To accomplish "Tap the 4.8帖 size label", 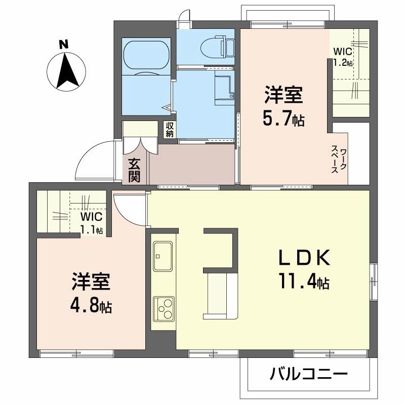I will click(x=91, y=306).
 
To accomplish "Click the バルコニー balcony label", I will click(x=309, y=375).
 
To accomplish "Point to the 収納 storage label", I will click(x=169, y=130).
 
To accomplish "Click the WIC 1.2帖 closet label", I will click(x=343, y=57).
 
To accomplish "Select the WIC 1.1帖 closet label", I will click(x=92, y=223).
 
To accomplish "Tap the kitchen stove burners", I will click(x=164, y=307).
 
